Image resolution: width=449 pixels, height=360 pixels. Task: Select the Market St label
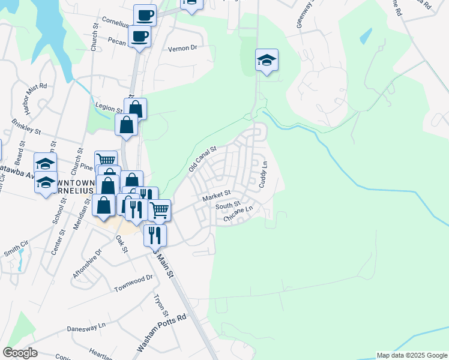[x=217, y=196]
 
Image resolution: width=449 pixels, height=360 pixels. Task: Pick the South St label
[x=228, y=206]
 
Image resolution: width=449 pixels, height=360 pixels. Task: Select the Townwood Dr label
[x=133, y=284]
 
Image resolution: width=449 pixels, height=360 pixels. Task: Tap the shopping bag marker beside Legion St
[x=136, y=109]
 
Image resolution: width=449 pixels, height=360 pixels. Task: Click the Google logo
[x=20, y=353]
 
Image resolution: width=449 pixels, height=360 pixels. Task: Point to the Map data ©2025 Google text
[x=412, y=355]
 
